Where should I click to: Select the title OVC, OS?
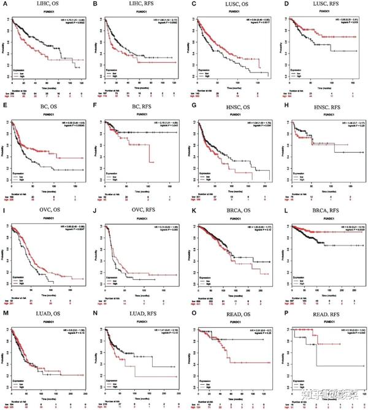click(47, 211)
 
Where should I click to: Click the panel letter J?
click(96, 211)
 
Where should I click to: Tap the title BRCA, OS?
click(232, 211)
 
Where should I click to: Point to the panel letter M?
click(5, 313)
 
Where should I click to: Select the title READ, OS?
click(232, 313)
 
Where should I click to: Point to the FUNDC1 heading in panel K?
click(232, 218)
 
